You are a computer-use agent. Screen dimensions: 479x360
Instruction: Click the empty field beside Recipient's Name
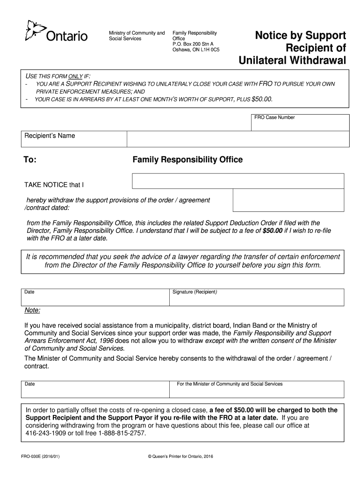(x=238, y=139)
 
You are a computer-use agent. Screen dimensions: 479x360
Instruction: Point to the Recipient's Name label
(x=50, y=136)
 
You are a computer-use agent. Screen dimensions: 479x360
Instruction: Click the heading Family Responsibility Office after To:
(x=187, y=160)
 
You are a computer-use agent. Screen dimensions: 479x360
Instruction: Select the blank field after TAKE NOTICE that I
(x=238, y=181)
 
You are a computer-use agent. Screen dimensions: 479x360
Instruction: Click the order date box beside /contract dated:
(x=289, y=200)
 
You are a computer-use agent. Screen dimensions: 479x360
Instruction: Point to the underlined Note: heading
(x=32, y=311)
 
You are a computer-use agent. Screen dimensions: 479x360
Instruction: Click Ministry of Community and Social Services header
(x=137, y=36)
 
